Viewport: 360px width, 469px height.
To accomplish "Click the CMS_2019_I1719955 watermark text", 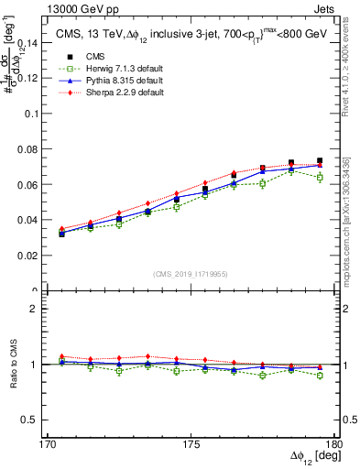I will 190,273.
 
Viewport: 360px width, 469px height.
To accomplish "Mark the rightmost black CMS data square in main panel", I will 319,161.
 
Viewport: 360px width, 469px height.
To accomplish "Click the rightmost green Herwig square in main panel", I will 319,178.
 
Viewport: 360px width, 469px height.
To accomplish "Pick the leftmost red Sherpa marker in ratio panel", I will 61,356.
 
